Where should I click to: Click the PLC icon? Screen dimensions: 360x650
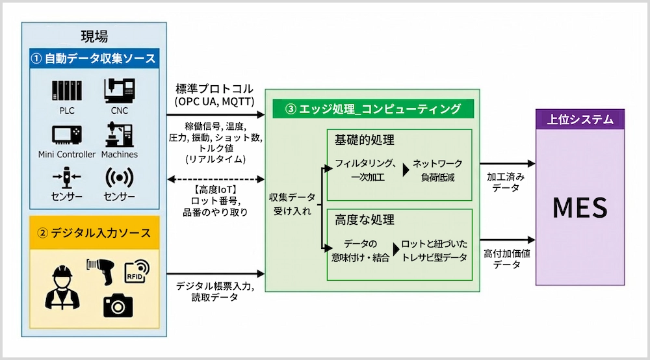click(x=67, y=90)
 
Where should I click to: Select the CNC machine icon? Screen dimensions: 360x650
click(x=120, y=90)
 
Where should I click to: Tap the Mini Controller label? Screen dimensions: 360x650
click(x=67, y=154)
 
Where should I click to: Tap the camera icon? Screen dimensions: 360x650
click(x=118, y=304)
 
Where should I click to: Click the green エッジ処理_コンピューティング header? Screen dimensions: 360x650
click(x=373, y=109)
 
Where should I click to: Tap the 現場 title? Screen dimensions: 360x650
click(x=94, y=36)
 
